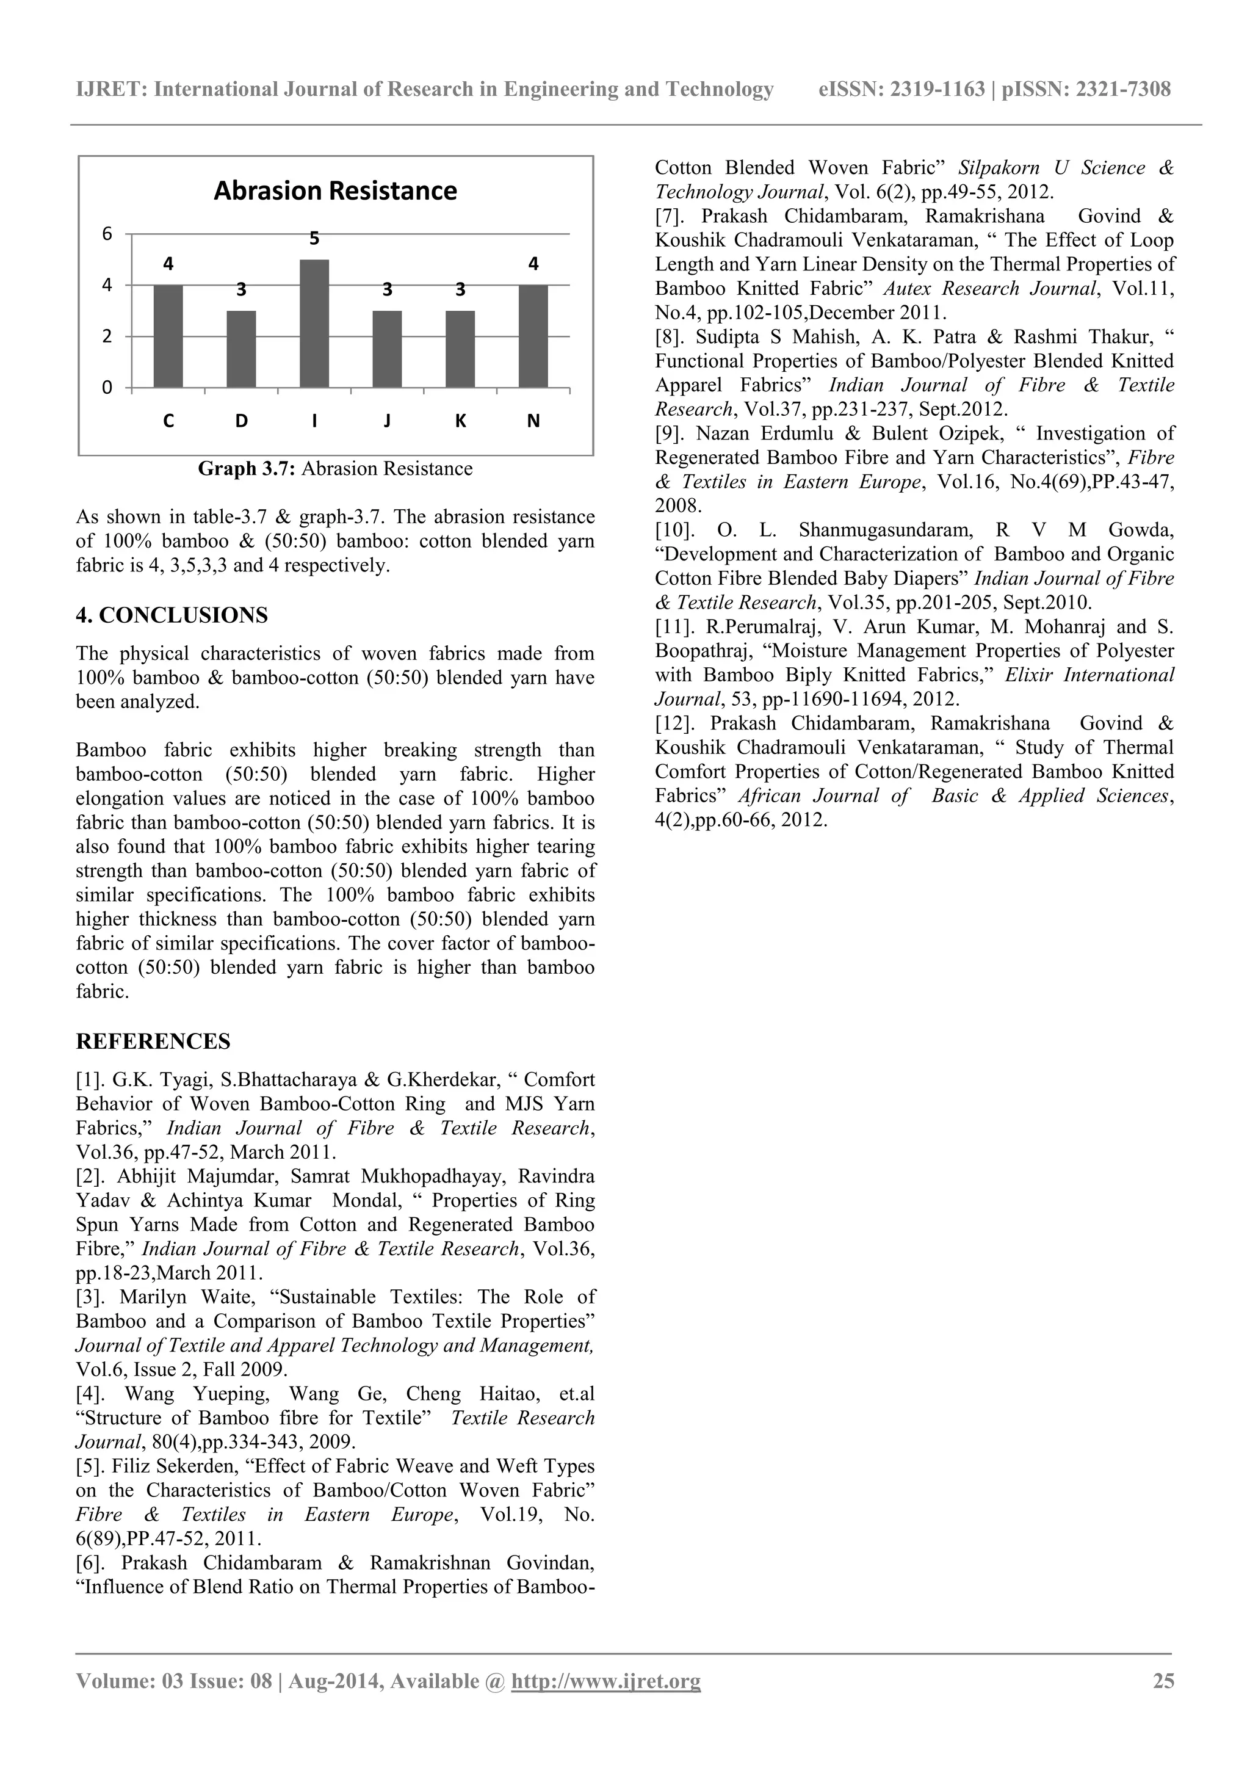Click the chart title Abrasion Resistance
point(335,191)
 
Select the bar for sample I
point(314,324)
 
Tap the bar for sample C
point(168,336)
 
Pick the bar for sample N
point(533,336)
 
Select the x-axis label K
point(460,421)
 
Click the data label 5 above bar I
point(314,239)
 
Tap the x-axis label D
point(241,421)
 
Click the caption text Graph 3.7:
point(247,469)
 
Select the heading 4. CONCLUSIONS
point(172,615)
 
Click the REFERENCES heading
point(153,1042)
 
